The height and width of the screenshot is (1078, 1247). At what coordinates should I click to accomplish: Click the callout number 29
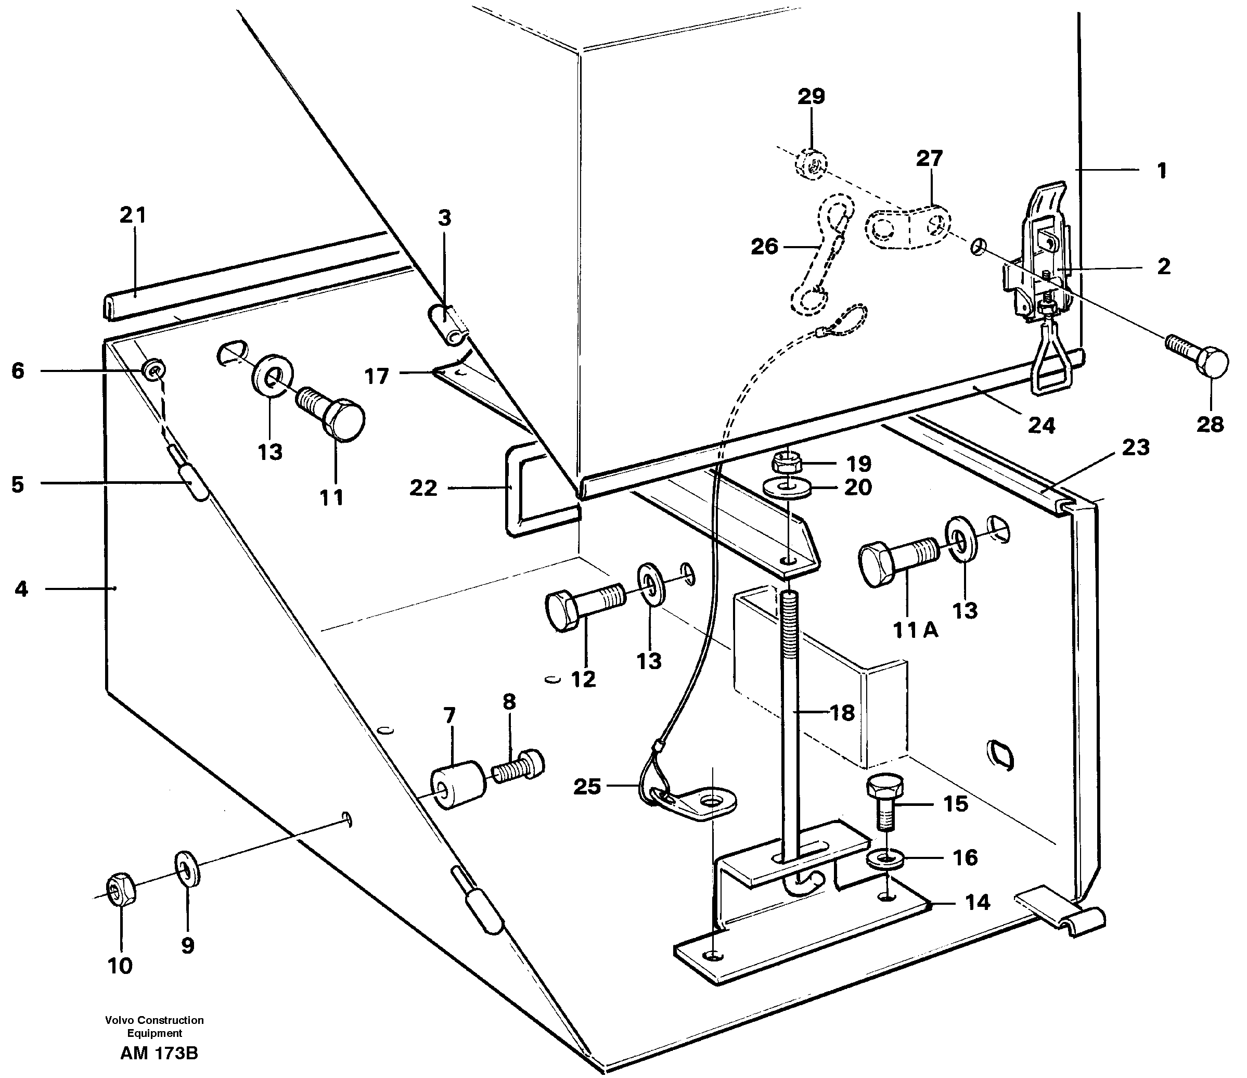pyautogui.click(x=811, y=96)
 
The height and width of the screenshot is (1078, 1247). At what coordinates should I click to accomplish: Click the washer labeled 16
pyautogui.click(x=884, y=859)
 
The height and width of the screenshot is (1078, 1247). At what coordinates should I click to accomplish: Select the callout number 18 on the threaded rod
pyautogui.click(x=843, y=713)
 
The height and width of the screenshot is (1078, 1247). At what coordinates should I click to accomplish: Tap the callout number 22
pyautogui.click(x=422, y=487)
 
